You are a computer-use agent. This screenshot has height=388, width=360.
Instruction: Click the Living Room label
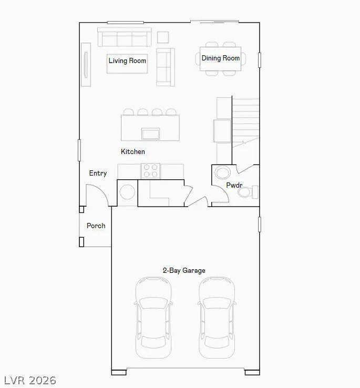point(127,60)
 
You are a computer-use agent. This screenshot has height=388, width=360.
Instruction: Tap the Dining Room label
point(220,58)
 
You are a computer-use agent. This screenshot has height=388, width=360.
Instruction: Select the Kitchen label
point(133,151)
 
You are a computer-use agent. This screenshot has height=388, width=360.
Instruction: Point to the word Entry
point(98,173)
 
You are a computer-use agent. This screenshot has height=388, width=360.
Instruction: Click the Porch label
point(96,226)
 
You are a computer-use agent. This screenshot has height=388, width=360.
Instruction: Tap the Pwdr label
point(234,185)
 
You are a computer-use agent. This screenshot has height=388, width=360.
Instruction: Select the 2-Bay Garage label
point(184,270)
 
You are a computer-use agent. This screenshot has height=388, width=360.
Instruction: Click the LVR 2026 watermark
point(30,380)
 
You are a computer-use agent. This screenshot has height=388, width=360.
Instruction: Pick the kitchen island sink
point(150,134)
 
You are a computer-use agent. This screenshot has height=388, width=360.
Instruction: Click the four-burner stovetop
point(150,171)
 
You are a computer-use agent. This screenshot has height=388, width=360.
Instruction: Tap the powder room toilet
point(248,192)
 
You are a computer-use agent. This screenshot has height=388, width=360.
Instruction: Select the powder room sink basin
point(222,172)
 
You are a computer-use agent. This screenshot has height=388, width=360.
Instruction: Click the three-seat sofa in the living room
point(124,37)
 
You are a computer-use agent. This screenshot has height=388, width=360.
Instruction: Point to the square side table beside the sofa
point(163,37)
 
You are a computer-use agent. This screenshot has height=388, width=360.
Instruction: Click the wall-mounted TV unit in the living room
point(86,65)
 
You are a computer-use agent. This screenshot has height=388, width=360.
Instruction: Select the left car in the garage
point(153,318)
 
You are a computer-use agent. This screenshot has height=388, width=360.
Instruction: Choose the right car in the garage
point(217,318)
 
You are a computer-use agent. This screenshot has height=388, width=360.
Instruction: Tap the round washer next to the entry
point(127,192)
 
